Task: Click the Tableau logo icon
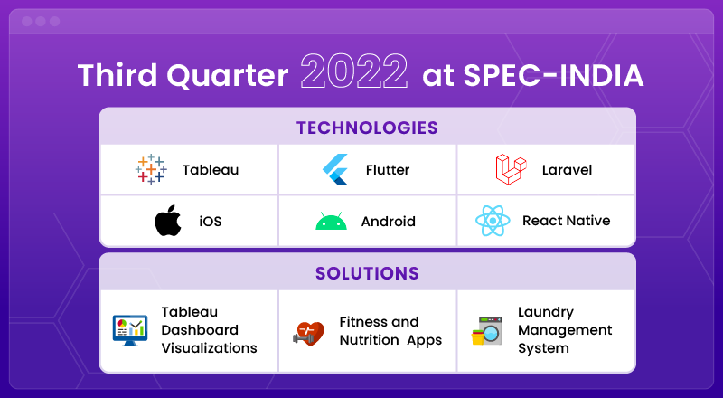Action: pos(151,169)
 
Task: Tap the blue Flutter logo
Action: pos(335,169)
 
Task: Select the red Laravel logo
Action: pos(511,169)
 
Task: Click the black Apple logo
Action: pos(168,220)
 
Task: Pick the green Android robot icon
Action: pos(331,222)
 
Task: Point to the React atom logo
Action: pos(493,221)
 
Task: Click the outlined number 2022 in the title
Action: pos(354,71)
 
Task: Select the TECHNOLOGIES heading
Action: pos(367,128)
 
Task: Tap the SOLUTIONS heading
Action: pos(367,273)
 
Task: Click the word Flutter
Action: pos(388,170)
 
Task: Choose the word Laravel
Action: pos(568,170)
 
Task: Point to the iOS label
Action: pos(211,222)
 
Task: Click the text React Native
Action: pos(567,221)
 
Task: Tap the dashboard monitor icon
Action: pos(130,330)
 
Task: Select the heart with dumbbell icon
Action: pos(308,334)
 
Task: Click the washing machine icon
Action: pos(487,330)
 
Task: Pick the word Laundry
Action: pos(546,313)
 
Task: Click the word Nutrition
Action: pos(369,340)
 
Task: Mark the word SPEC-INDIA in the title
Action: pos(553,75)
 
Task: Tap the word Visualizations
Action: pos(210,347)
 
